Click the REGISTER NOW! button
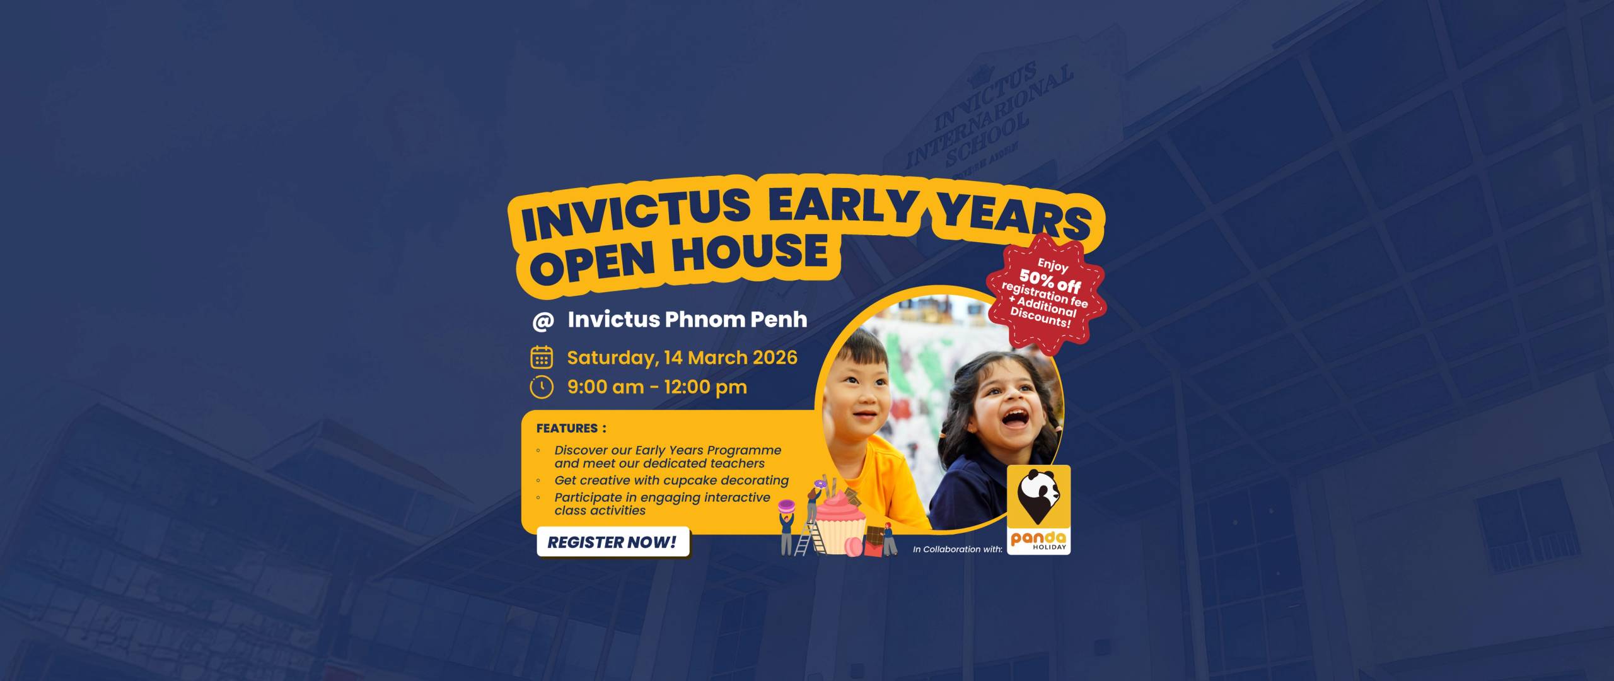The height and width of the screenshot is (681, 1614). tap(612, 542)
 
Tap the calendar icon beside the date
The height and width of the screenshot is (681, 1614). tap(542, 358)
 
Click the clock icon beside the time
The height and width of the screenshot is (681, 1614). tap(542, 387)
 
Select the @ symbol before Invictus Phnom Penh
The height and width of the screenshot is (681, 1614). tap(542, 321)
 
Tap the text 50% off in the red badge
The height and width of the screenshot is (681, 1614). tap(1050, 282)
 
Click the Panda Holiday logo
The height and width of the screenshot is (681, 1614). tap(1038, 510)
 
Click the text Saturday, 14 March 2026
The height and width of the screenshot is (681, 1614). tap(682, 358)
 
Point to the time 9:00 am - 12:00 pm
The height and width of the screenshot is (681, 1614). tap(657, 387)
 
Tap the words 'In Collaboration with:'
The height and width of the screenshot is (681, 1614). tap(957, 549)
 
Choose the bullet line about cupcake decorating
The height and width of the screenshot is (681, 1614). tap(671, 480)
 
